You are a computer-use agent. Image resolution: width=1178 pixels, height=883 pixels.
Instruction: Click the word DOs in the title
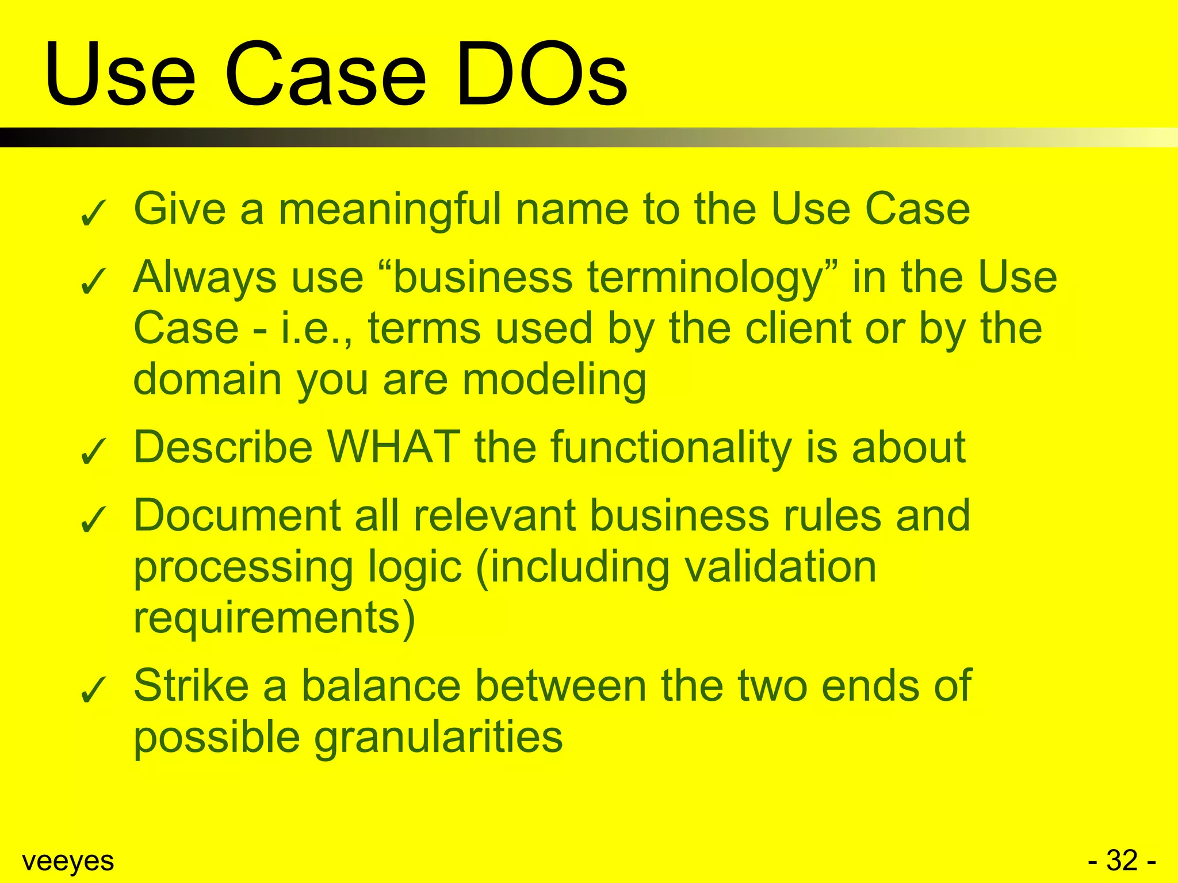coord(541,75)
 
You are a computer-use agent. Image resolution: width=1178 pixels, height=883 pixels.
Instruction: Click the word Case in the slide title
coord(325,75)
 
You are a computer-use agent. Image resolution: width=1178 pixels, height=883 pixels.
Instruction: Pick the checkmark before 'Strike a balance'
coord(93,690)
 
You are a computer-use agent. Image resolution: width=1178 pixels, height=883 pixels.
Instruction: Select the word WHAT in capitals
coord(394,447)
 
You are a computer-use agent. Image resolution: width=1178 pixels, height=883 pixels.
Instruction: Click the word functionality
coord(671,448)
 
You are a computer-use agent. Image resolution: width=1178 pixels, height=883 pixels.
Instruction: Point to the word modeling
coord(554,381)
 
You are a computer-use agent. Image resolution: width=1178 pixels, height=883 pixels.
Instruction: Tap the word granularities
coord(438,738)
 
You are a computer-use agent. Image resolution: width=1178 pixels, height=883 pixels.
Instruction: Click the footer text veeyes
coord(68,861)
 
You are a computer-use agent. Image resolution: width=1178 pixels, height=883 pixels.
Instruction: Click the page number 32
coord(1122,861)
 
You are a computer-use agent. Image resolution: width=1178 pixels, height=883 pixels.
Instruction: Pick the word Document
coord(238,515)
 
